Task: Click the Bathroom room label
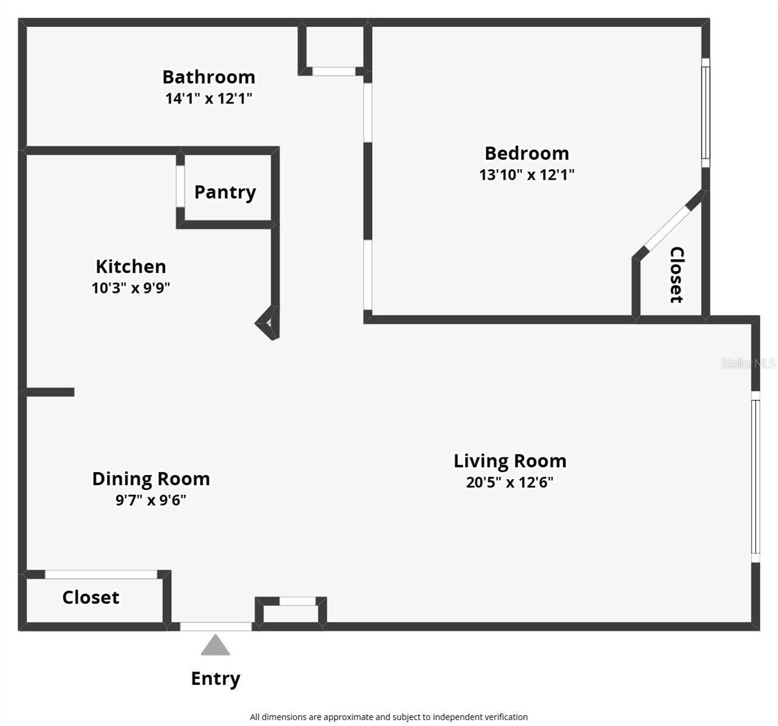[x=209, y=77]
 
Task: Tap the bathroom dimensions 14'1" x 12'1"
[x=209, y=98]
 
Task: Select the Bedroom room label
[x=526, y=153]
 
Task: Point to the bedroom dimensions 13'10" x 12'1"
[x=526, y=175]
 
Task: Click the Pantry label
[x=225, y=192]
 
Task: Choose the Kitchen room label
[x=131, y=266]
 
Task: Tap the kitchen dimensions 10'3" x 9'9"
[x=131, y=288]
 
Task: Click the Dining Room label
[x=151, y=479]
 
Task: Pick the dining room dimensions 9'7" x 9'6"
[x=151, y=500]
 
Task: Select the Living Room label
[x=510, y=461]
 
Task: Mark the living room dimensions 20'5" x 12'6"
[x=510, y=483]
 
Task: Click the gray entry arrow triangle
[x=215, y=646]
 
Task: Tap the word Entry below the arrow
[x=215, y=679]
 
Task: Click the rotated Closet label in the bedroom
[x=676, y=275]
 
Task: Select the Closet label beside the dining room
[x=91, y=598]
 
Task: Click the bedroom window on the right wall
[x=705, y=113]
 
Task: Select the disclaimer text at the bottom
[x=388, y=717]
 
